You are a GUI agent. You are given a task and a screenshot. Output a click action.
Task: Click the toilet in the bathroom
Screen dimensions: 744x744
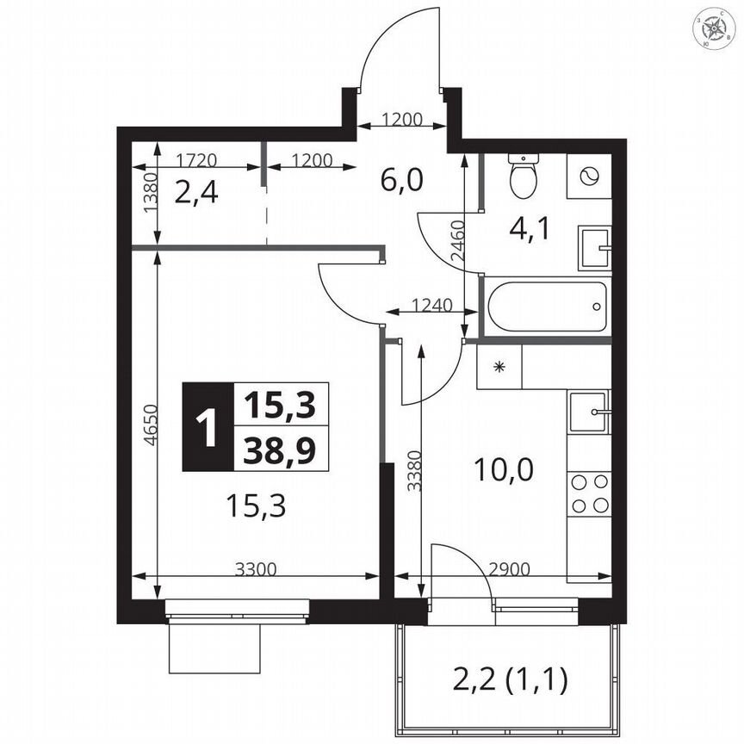pyautogui.click(x=523, y=177)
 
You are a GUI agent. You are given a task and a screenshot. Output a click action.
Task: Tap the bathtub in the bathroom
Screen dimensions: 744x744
pyautogui.click(x=545, y=306)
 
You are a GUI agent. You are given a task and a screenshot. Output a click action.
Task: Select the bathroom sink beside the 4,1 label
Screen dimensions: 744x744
pyautogui.click(x=593, y=248)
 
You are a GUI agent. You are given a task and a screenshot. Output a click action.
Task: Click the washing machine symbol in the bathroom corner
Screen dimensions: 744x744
pyautogui.click(x=589, y=176)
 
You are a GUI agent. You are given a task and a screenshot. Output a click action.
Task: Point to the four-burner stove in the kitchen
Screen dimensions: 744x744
pyautogui.click(x=589, y=493)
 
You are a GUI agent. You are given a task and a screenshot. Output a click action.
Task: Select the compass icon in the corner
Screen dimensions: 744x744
pyautogui.click(x=715, y=29)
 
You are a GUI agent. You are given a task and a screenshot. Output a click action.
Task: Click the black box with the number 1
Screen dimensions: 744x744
pyautogui.click(x=207, y=427)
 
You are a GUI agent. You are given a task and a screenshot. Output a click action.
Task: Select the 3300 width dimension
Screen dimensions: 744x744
pyautogui.click(x=255, y=568)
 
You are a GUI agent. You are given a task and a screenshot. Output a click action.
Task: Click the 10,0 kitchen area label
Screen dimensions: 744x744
pyautogui.click(x=505, y=469)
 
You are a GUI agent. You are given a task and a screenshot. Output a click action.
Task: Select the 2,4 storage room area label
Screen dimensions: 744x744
pyautogui.click(x=195, y=191)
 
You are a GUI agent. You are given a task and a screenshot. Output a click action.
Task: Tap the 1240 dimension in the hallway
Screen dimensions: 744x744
pyautogui.click(x=429, y=304)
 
